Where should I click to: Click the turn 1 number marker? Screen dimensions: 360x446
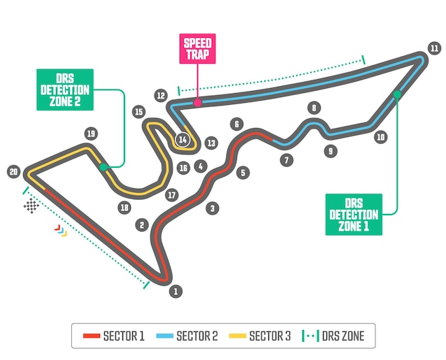pyautogui.click(x=175, y=291)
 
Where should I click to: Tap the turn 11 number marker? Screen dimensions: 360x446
pyautogui.click(x=434, y=48)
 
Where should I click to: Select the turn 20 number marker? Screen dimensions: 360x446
pyautogui.click(x=13, y=171)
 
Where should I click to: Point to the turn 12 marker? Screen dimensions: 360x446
pyautogui.click(x=161, y=94)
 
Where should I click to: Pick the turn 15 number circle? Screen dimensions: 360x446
pyautogui.click(x=139, y=111)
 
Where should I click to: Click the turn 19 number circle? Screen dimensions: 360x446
pyautogui.click(x=89, y=133)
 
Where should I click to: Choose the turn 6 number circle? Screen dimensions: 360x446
pyautogui.click(x=237, y=124)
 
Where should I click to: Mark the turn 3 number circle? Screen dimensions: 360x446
pyautogui.click(x=212, y=207)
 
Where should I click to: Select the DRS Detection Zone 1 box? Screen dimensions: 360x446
pyautogui.click(x=354, y=214)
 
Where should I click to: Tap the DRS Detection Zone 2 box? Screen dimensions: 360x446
pyautogui.click(x=64, y=89)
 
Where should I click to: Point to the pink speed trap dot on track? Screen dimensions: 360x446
pyautogui.click(x=198, y=102)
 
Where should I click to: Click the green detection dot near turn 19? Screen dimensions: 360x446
pyautogui.click(x=103, y=166)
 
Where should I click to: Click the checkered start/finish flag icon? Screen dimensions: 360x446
pyautogui.click(x=31, y=206)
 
